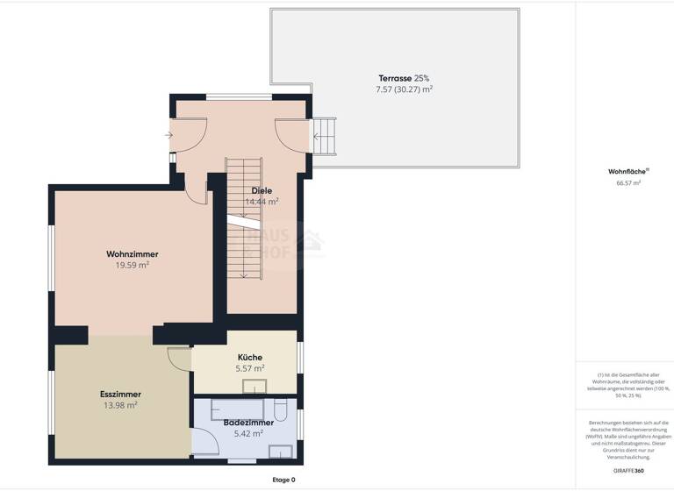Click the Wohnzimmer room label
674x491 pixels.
point(133,254)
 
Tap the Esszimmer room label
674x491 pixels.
point(120,395)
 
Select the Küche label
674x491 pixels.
point(250,358)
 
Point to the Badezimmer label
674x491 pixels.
point(248,423)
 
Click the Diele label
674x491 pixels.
point(262,190)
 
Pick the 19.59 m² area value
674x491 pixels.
point(133,265)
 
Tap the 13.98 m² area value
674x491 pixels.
point(120,405)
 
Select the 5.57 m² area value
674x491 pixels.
point(250,368)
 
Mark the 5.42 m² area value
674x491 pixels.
point(248,433)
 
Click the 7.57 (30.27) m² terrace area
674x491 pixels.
point(404,89)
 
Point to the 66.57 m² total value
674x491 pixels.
point(628,183)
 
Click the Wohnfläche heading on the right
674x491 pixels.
point(627,172)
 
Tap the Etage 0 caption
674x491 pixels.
point(283,480)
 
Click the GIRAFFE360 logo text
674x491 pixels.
point(627,471)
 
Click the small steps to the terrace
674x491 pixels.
point(325,135)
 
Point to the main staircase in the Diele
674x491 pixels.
point(244,219)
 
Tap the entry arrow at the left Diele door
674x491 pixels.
point(167,135)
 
